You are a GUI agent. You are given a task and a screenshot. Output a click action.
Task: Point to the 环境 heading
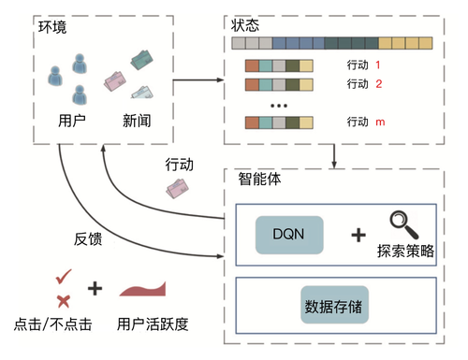(x=52, y=27)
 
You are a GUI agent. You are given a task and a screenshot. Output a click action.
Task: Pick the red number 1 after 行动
(x=377, y=65)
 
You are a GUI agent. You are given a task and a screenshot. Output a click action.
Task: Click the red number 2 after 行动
(x=377, y=84)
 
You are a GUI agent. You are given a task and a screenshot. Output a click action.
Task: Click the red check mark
(x=64, y=277)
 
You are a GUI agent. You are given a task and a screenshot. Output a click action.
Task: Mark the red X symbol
(x=63, y=300)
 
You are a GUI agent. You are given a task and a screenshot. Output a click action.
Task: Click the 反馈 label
(x=89, y=238)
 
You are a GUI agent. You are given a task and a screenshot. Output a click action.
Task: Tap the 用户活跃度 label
(x=154, y=325)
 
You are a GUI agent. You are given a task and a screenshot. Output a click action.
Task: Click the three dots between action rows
(x=278, y=105)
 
